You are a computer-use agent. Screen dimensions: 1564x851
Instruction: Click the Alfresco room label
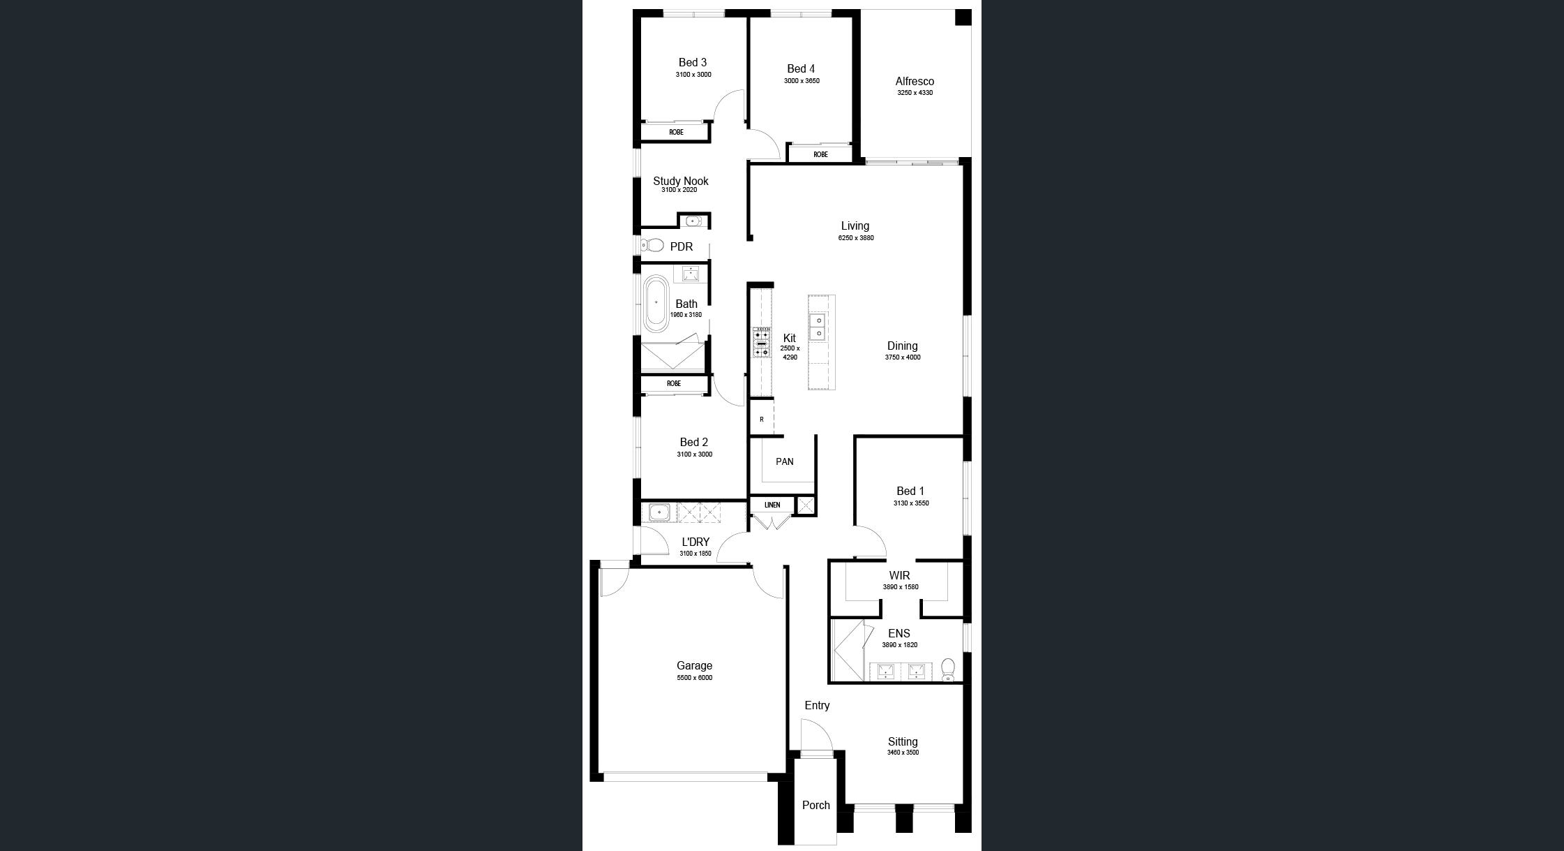click(915, 81)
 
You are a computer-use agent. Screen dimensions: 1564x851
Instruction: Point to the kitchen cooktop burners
click(761, 342)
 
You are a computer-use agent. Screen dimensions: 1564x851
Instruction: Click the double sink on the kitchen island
click(818, 326)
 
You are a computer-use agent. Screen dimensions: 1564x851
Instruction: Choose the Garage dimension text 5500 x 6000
click(695, 678)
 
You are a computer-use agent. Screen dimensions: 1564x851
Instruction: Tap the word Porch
click(816, 805)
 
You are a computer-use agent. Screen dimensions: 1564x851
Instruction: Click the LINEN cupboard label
click(772, 505)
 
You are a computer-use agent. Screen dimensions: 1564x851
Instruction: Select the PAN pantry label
click(785, 461)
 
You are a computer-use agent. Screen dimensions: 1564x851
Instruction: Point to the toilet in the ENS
click(948, 669)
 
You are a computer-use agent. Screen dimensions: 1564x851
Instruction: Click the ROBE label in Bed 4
click(820, 154)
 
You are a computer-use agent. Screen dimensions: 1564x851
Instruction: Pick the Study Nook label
click(681, 181)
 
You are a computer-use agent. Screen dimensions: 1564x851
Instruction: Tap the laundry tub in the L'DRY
click(659, 513)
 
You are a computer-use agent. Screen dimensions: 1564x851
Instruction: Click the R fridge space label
click(762, 420)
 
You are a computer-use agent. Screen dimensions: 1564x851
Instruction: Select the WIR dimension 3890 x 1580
click(901, 587)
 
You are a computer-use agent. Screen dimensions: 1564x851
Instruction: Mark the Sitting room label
click(903, 741)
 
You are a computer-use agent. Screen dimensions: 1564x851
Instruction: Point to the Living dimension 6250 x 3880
click(856, 238)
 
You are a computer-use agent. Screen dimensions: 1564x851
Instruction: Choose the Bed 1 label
click(910, 491)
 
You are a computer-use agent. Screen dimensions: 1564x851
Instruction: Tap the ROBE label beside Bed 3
click(676, 132)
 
